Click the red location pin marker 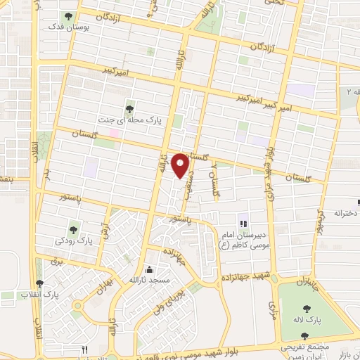[x=181, y=165]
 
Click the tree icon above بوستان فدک [x=68, y=16]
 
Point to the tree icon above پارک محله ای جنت [x=129, y=108]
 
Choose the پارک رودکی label [x=75, y=240]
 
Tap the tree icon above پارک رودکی [x=74, y=229]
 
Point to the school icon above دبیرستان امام [x=243, y=224]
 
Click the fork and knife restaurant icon [x=84, y=349]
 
